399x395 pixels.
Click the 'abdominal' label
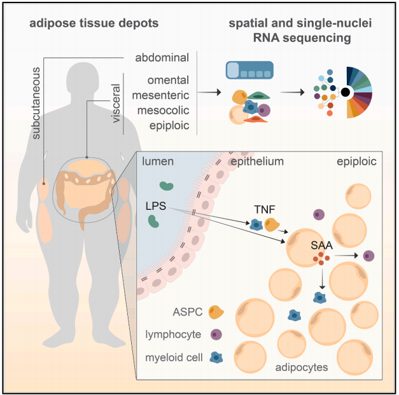[162, 58]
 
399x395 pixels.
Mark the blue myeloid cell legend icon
[216, 357]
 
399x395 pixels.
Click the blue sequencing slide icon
[250, 71]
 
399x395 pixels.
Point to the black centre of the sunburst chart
[346, 93]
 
